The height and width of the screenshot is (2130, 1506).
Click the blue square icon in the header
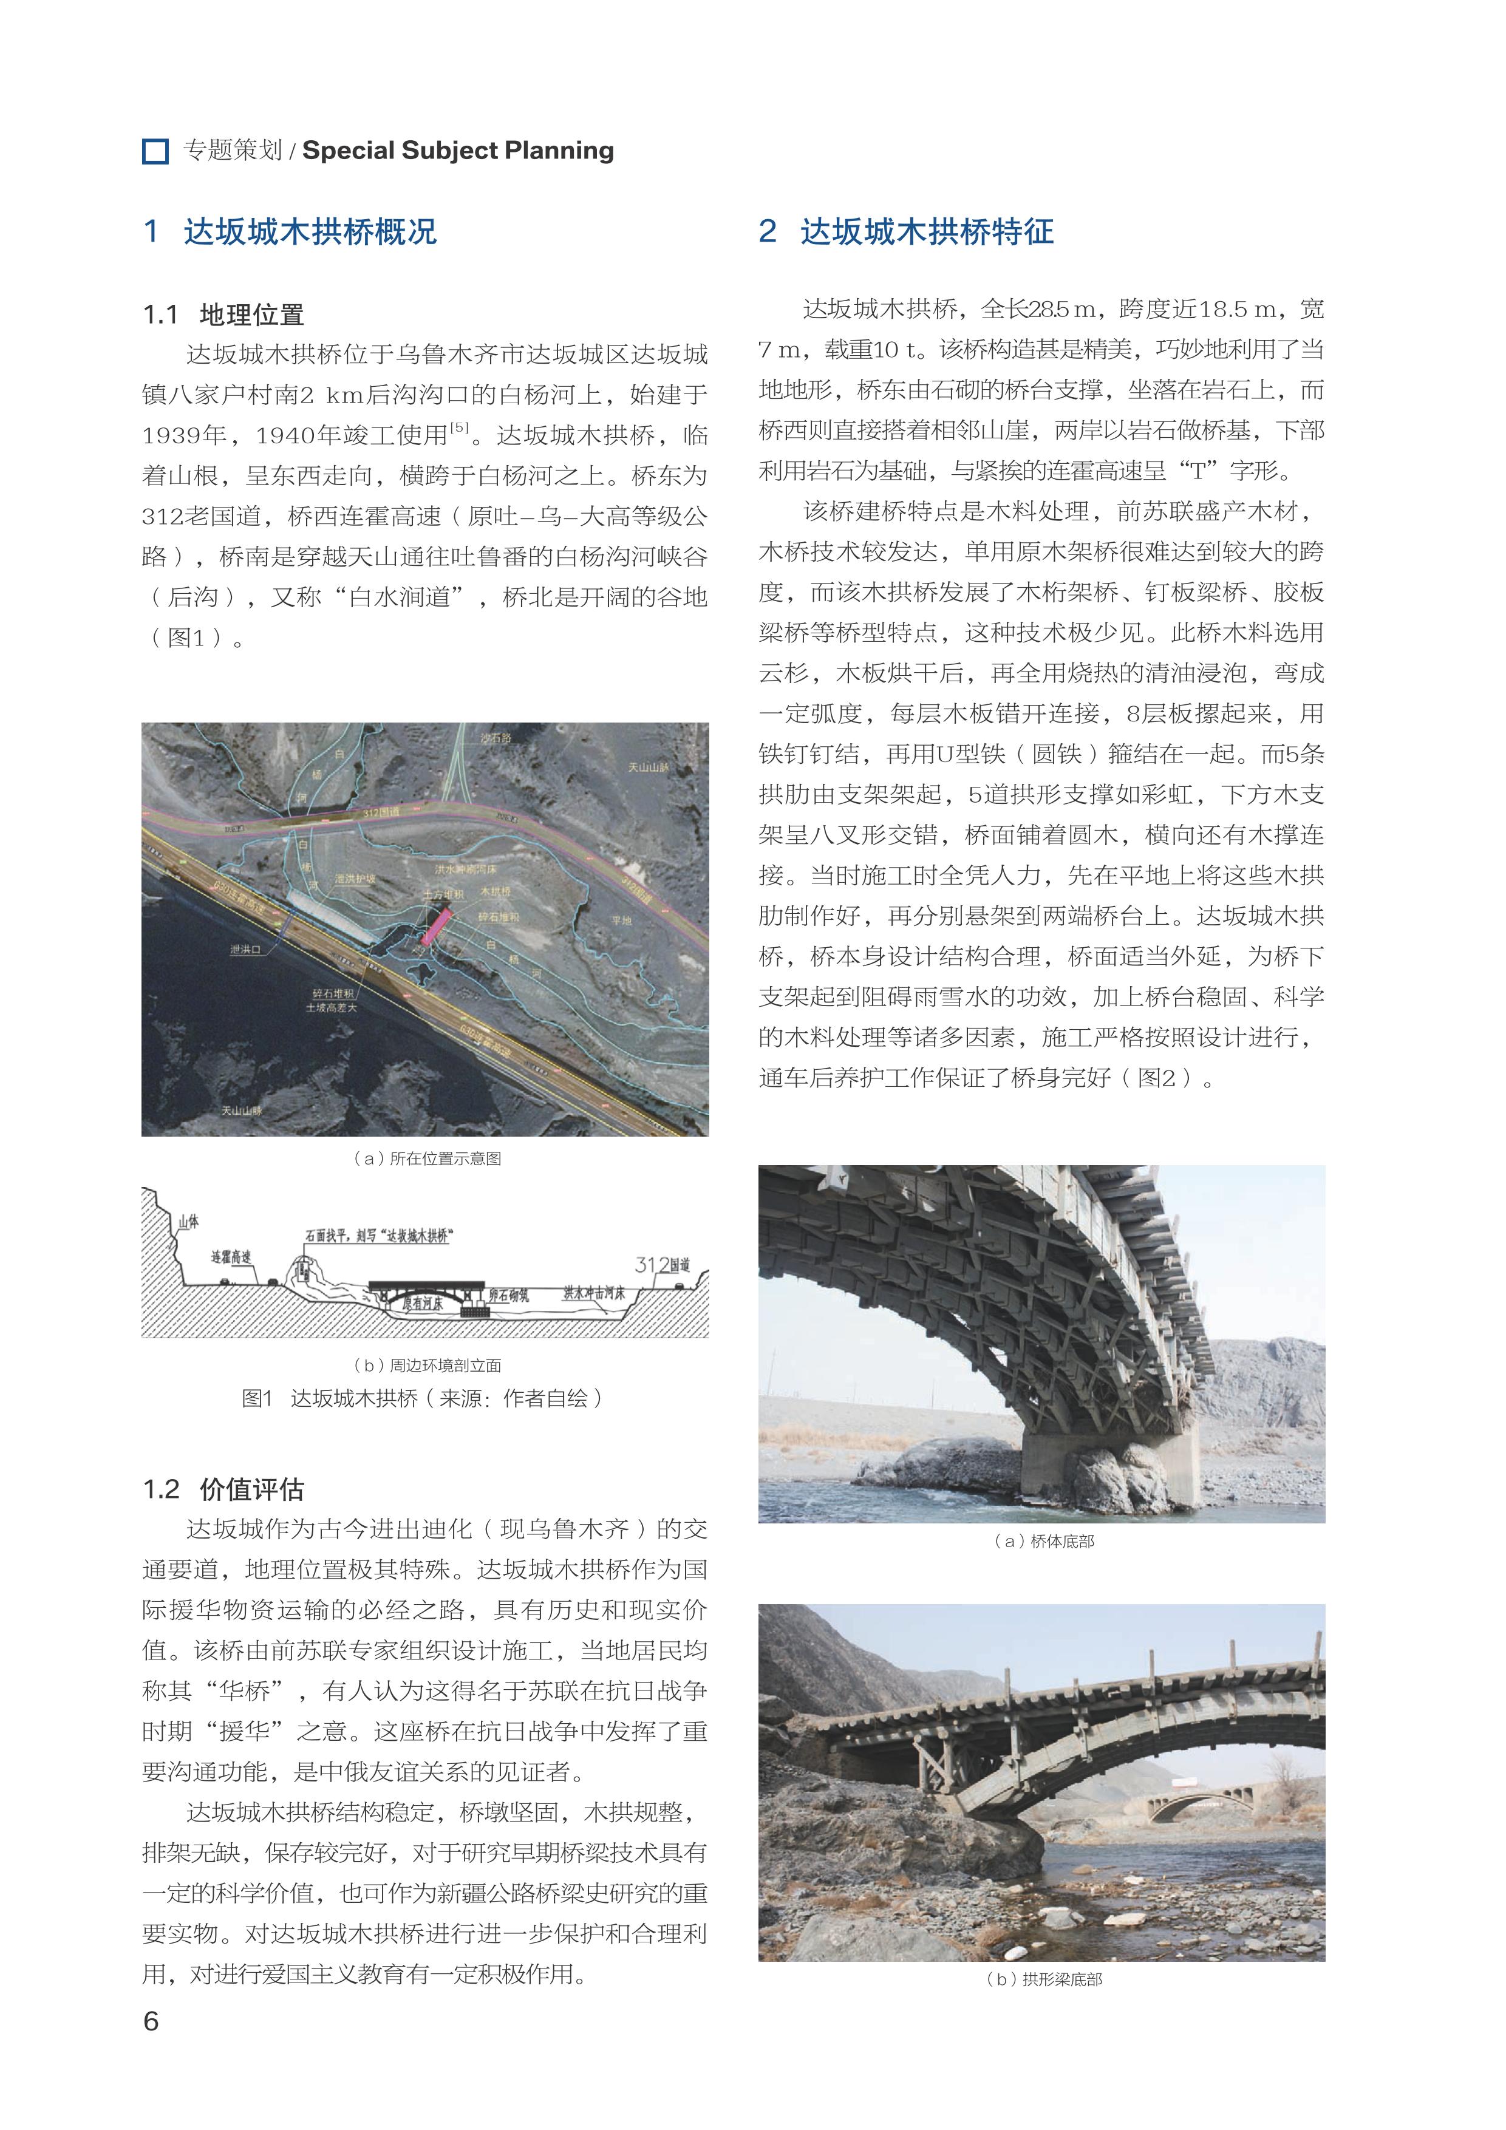[155, 151]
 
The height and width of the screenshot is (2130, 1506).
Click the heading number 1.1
[160, 315]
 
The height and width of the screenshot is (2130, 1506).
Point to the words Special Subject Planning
[458, 151]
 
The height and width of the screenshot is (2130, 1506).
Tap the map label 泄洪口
[246, 949]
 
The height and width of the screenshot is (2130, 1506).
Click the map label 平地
[621, 920]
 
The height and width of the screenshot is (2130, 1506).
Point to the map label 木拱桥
[496, 891]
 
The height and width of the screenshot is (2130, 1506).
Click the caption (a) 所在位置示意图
[427, 1159]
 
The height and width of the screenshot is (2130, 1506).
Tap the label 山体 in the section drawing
[188, 1222]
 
